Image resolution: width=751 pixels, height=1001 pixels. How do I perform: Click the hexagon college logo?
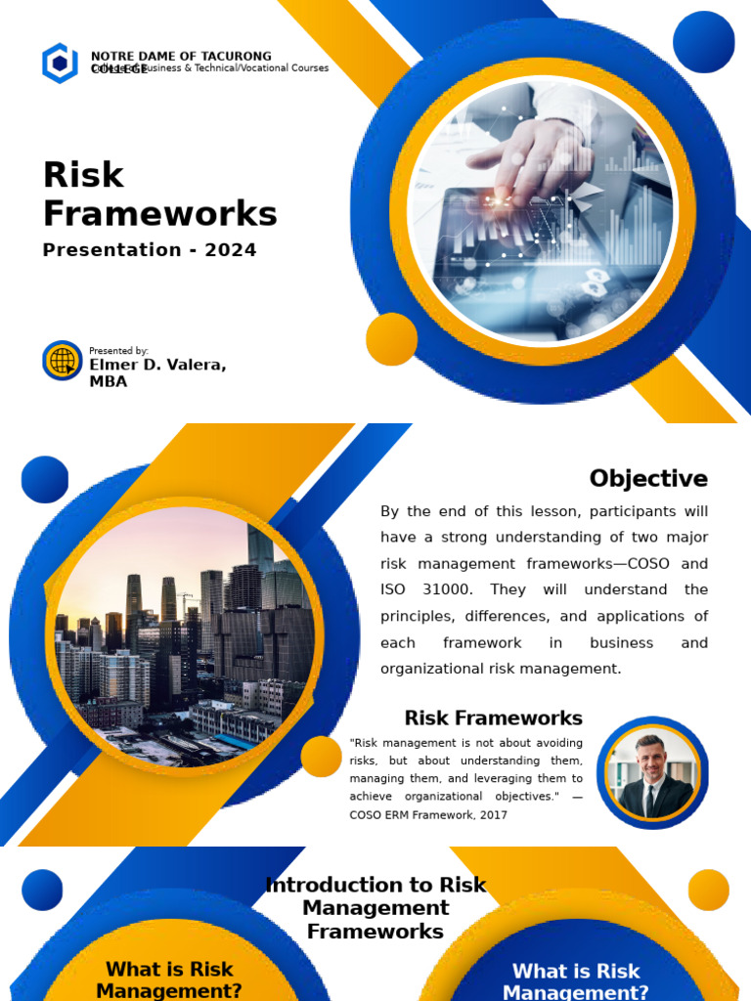tap(60, 64)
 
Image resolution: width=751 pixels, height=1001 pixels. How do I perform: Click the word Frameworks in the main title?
tap(160, 214)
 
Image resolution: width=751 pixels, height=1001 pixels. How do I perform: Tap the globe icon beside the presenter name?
tap(63, 361)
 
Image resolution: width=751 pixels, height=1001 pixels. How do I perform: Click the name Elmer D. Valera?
tap(157, 365)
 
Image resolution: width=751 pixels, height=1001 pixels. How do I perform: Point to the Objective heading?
tap(648, 479)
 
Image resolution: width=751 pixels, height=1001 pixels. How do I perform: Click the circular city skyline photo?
tap(184, 636)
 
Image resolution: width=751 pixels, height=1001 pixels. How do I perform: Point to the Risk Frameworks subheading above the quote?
tap(493, 718)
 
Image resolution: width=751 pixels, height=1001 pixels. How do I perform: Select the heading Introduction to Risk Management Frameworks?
tap(375, 908)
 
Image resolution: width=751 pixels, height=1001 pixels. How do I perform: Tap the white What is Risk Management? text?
tap(576, 981)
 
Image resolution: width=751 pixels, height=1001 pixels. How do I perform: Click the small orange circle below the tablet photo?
tap(391, 339)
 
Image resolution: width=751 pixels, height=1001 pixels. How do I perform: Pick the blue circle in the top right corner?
tap(703, 42)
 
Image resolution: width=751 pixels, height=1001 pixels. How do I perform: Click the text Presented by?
tap(118, 350)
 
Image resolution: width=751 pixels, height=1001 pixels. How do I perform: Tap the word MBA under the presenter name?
tap(109, 382)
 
